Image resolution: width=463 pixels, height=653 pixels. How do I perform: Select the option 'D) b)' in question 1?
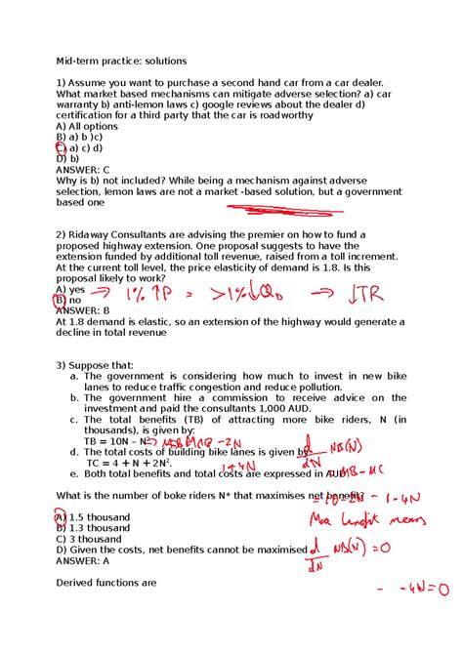[67, 158]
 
